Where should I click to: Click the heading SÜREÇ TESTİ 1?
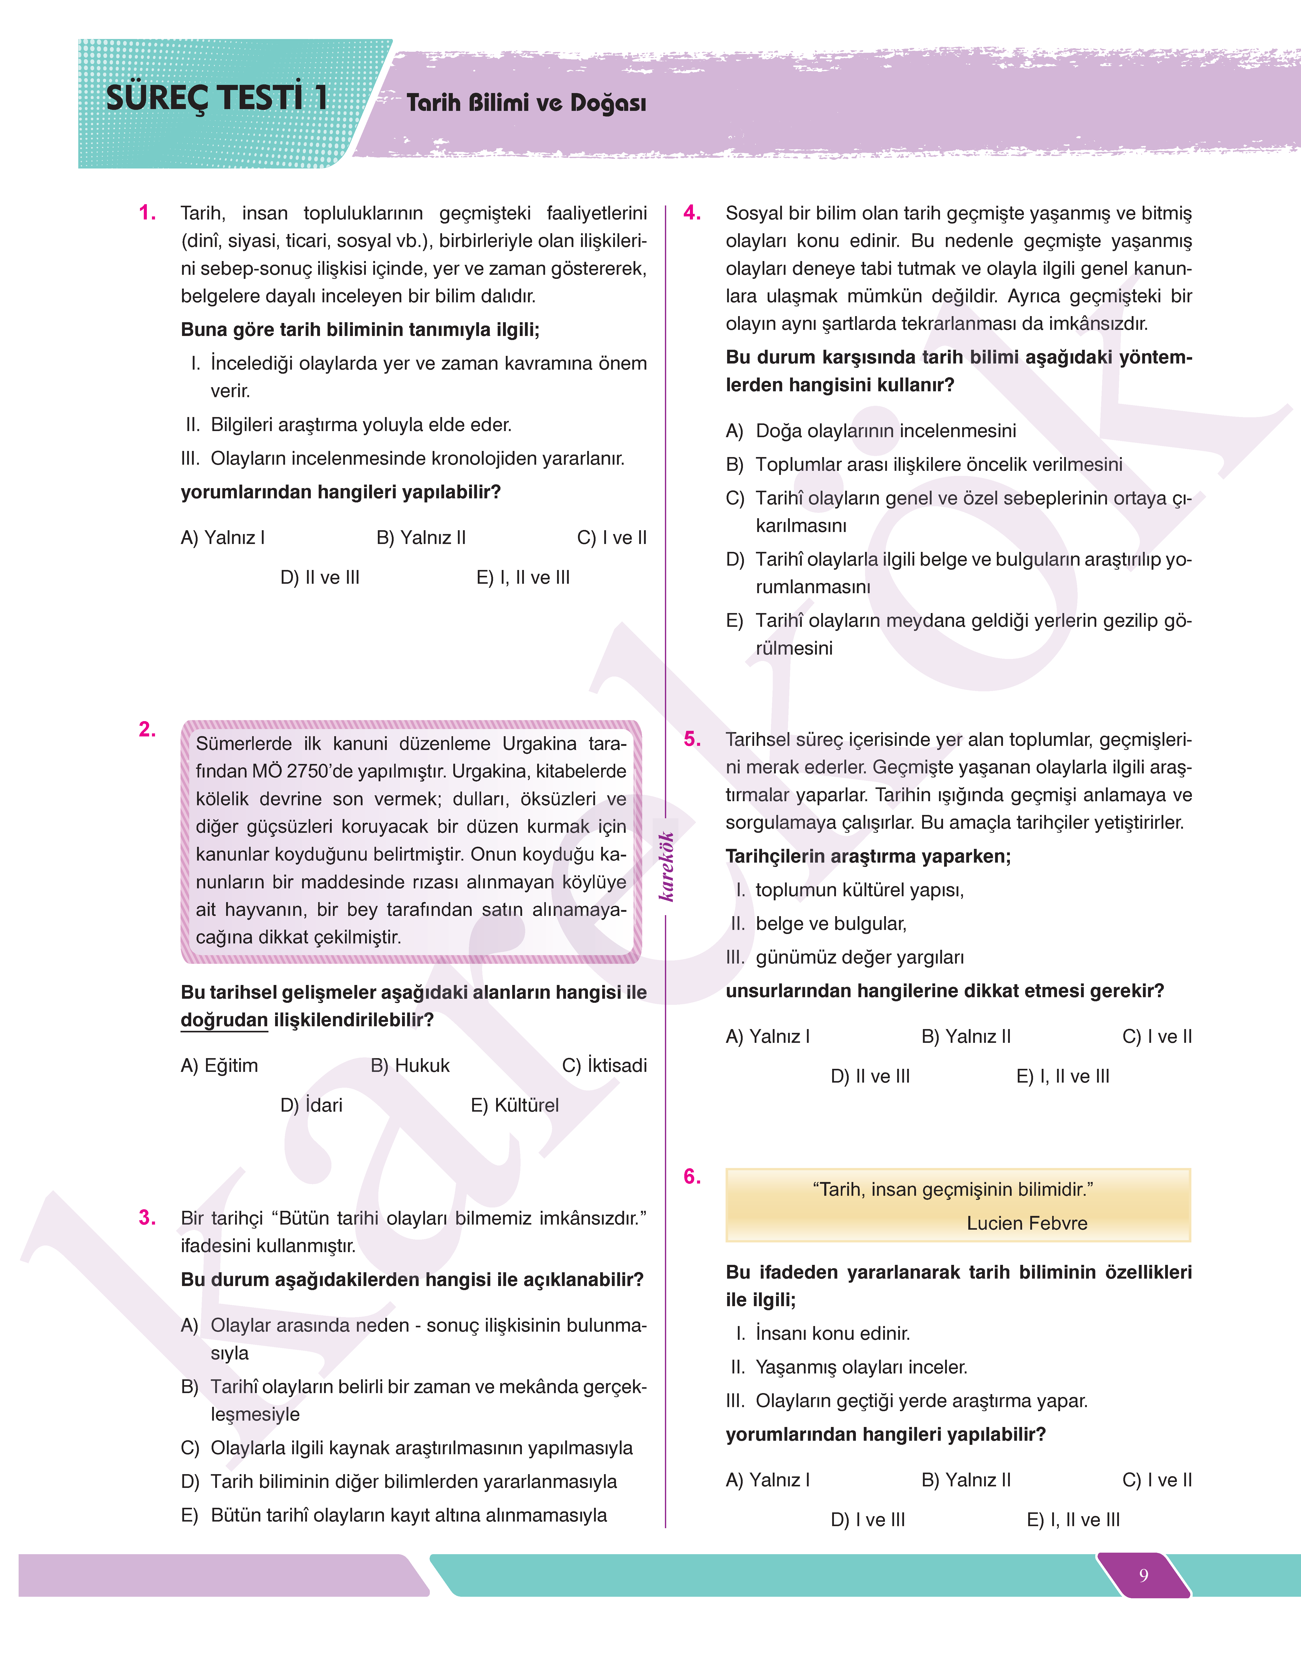(217, 98)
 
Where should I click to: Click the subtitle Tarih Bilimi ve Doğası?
(526, 103)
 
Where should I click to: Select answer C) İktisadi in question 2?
(604, 1066)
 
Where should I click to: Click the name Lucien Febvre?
(1027, 1223)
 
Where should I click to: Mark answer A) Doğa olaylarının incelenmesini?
(871, 431)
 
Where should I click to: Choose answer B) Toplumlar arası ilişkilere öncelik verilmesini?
(924, 465)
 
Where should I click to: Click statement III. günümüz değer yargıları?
(845, 957)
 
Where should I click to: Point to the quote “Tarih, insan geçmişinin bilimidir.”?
(953, 1190)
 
